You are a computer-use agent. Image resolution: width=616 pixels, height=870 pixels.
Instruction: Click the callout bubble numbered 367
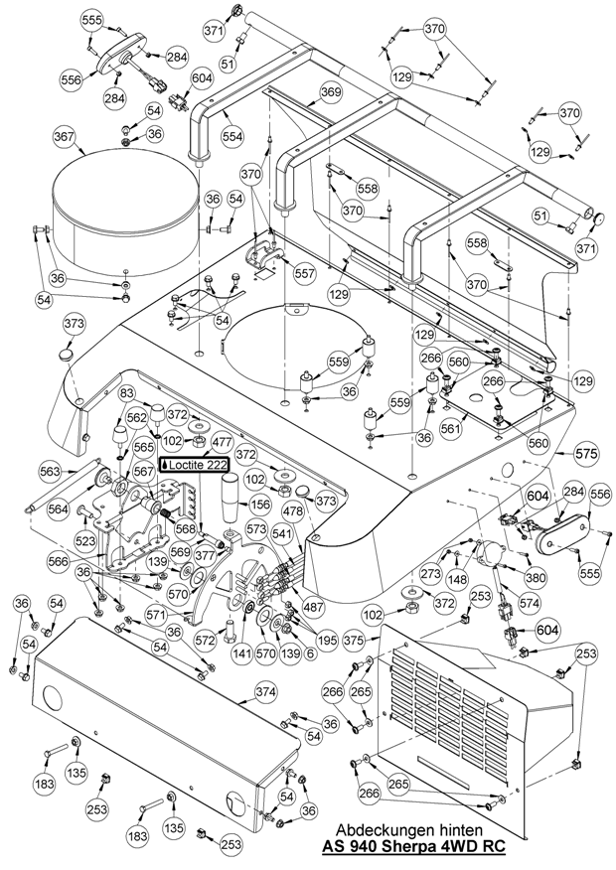tap(65, 136)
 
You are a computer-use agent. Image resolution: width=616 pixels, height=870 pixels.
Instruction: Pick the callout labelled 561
tap(452, 429)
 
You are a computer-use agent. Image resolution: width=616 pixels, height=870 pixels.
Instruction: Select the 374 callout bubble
tap(266, 691)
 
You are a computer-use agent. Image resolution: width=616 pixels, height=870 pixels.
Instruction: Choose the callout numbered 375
tap(354, 642)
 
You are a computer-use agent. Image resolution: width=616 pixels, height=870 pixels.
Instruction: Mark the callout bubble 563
tap(51, 472)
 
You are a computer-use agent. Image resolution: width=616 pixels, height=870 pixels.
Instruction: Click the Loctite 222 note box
tap(199, 464)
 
